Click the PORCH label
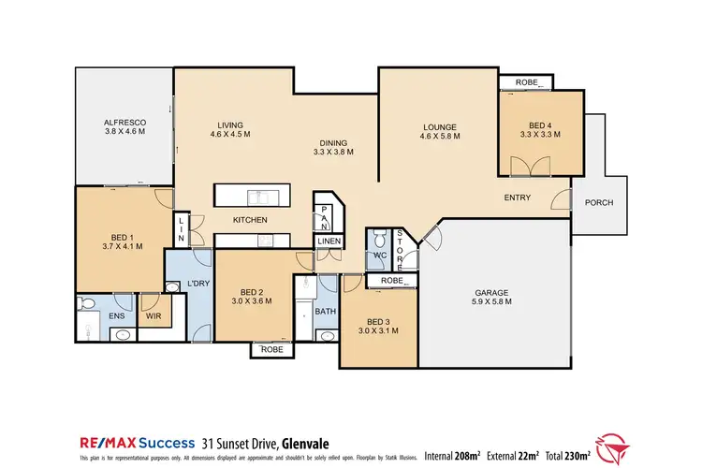coord(599,203)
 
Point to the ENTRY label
coord(518,197)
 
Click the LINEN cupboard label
coord(329,241)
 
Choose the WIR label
coord(154,316)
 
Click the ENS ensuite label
coord(118,316)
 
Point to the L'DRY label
coord(197,283)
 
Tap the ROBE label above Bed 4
coord(526,83)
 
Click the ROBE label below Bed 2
coord(272,350)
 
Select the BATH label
coord(325,311)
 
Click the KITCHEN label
coord(250,220)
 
